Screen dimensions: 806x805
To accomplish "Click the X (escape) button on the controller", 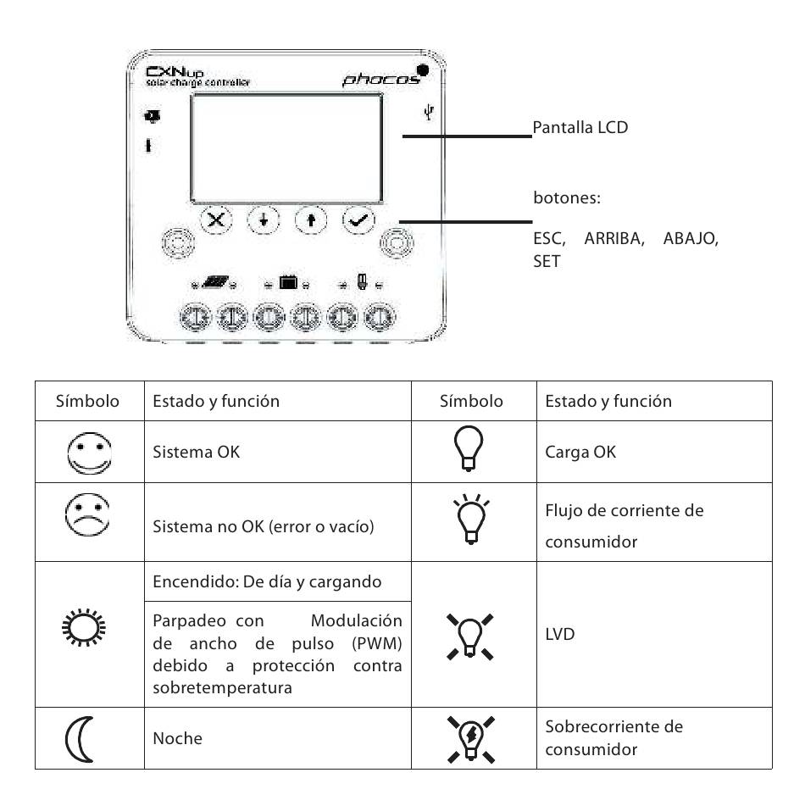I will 217,220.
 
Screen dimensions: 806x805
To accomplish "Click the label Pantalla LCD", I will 580,130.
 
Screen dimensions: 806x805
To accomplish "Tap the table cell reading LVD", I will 559,633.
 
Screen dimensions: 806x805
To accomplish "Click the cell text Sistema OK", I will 196,452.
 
